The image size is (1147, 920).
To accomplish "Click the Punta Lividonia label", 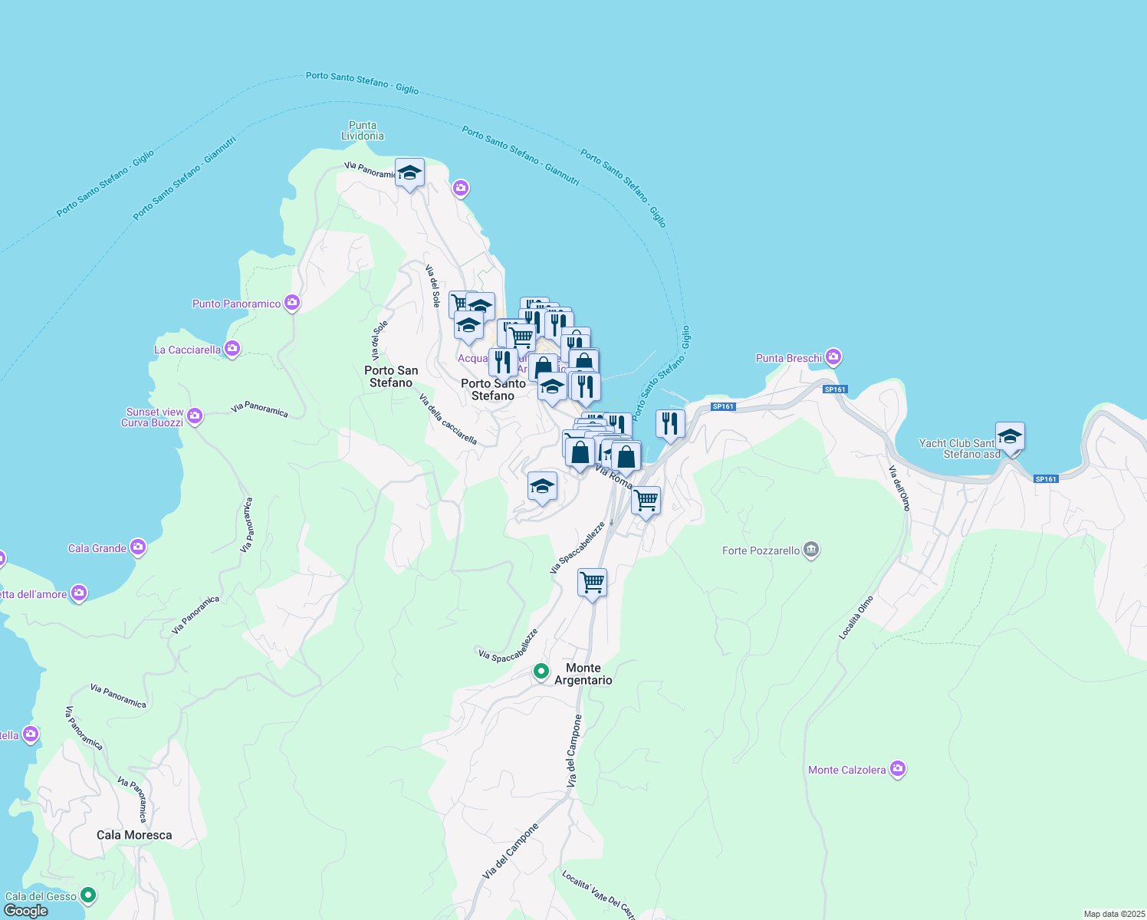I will coord(363,131).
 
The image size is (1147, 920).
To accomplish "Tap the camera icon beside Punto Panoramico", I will coord(291,303).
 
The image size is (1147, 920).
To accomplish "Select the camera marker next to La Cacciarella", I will coord(232,349).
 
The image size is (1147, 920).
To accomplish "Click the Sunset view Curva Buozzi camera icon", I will coord(195,416).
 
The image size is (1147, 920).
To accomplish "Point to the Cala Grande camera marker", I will coord(138,547).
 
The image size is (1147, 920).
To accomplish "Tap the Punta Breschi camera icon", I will coord(833,357).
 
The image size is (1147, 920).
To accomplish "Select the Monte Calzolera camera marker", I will coord(897,769).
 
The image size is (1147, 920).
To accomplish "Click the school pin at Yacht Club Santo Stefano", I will coord(1010,438).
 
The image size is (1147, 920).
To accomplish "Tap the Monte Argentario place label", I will coord(583,674).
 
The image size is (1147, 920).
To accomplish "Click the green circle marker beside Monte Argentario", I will coord(541,672).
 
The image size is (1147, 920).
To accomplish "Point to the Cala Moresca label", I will coord(134,835).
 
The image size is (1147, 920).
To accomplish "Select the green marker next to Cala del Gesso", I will coord(88,895).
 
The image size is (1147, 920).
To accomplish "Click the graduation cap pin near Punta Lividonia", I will coord(410,173).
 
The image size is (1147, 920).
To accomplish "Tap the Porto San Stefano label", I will coord(391,376).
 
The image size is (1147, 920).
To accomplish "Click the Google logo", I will coord(26,911).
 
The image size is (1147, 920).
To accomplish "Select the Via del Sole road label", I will coord(433,287).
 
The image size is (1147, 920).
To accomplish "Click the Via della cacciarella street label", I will coord(448,419).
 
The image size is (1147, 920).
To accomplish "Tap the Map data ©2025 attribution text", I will coord(1114,914).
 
